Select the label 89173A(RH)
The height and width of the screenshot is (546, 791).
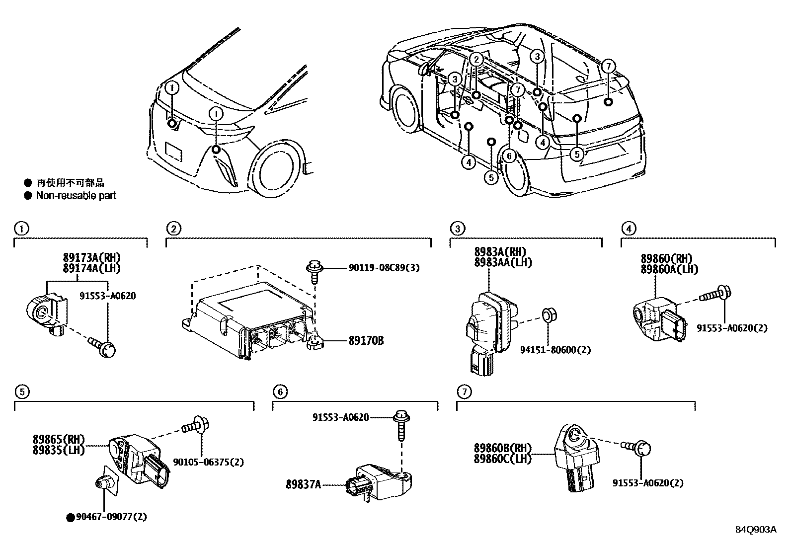[91, 258]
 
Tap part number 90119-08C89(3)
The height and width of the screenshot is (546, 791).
[384, 268]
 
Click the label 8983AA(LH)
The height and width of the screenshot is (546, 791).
[503, 262]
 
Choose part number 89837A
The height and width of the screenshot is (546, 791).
[303, 484]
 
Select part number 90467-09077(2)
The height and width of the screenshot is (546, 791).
[111, 517]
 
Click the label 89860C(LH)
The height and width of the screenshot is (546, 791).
[502, 459]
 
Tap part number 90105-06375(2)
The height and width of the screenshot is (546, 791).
[209, 462]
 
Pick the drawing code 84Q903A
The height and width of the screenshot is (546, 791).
[755, 529]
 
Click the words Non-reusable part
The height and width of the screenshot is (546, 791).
[76, 196]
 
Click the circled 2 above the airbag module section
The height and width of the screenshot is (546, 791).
[173, 229]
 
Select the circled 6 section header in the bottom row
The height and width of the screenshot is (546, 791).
[280, 392]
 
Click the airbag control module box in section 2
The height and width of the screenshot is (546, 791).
[248, 318]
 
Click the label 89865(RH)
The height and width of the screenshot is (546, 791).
[59, 439]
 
